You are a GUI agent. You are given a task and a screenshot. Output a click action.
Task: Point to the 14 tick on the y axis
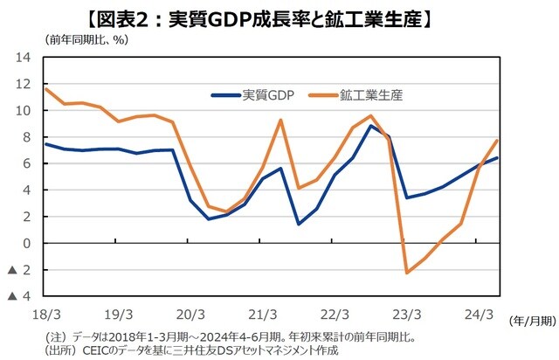pyautogui.click(x=24, y=58)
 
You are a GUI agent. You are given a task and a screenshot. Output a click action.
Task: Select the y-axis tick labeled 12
pyautogui.click(x=24, y=85)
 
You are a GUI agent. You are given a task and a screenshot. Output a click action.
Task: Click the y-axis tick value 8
pyautogui.click(x=27, y=137)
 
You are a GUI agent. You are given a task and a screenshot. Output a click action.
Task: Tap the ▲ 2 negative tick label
pyautogui.click(x=19, y=271)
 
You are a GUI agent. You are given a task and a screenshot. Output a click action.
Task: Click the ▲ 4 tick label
pyautogui.click(x=19, y=297)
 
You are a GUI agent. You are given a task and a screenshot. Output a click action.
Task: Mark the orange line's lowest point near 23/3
pyautogui.click(x=407, y=273)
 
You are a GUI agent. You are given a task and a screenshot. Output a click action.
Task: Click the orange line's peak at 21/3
pyautogui.click(x=280, y=120)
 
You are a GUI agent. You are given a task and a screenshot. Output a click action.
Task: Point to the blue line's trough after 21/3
pyautogui.click(x=299, y=225)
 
